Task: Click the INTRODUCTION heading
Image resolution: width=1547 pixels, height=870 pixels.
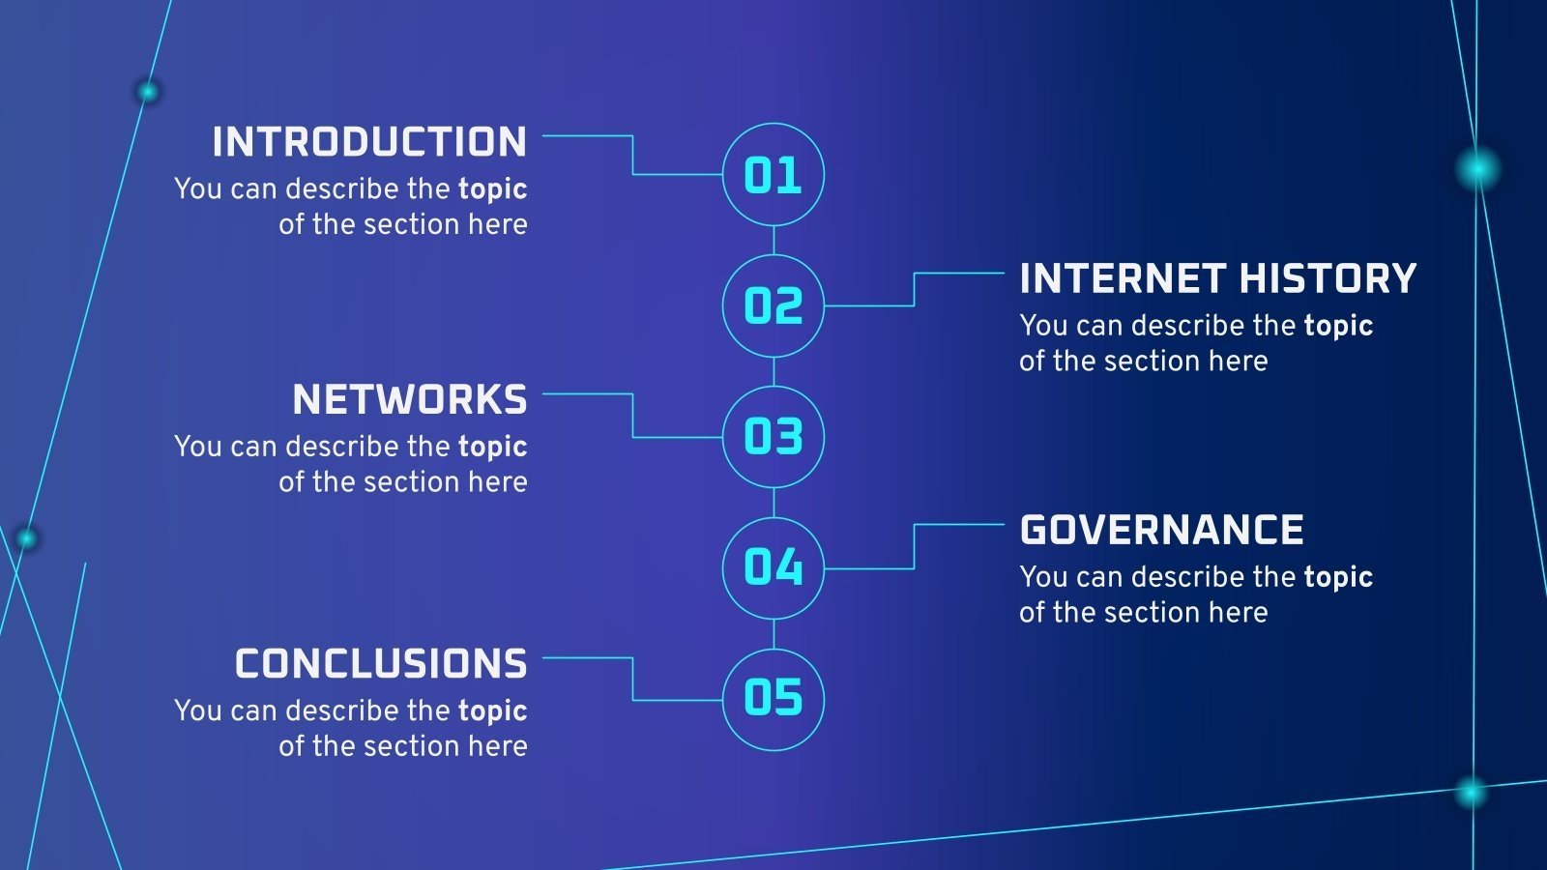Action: point(369,141)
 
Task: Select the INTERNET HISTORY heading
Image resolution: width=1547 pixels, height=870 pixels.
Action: point(1218,278)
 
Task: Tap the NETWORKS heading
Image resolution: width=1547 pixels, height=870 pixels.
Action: point(410,400)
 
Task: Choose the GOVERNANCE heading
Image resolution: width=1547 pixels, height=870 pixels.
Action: point(1161,530)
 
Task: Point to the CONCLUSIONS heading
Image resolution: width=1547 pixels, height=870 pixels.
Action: point(381,663)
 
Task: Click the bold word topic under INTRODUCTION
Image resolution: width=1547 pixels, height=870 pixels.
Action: point(492,189)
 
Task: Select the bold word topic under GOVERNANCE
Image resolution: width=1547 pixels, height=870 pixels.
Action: point(1338,578)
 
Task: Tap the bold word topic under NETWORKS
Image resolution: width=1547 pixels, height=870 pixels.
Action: point(492,448)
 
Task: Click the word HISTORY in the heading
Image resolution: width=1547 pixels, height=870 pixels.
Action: point(1328,278)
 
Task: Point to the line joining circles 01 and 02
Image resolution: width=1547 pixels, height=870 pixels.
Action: point(773,241)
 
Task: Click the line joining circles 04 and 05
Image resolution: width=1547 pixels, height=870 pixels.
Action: point(773,634)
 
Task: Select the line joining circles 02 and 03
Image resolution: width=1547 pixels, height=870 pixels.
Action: point(773,371)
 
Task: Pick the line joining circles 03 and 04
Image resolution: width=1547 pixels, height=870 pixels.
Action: point(773,503)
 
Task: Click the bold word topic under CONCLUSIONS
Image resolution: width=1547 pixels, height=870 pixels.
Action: point(492,711)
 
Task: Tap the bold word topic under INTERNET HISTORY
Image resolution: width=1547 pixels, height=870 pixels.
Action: point(1338,327)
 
